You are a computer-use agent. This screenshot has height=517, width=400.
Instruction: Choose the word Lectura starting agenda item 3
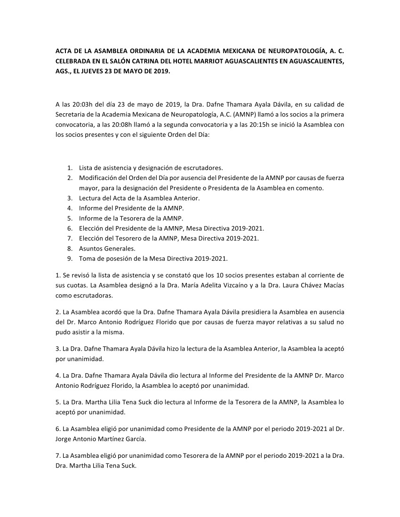coord(91,198)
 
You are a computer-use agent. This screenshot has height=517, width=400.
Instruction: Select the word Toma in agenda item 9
coord(87,258)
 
